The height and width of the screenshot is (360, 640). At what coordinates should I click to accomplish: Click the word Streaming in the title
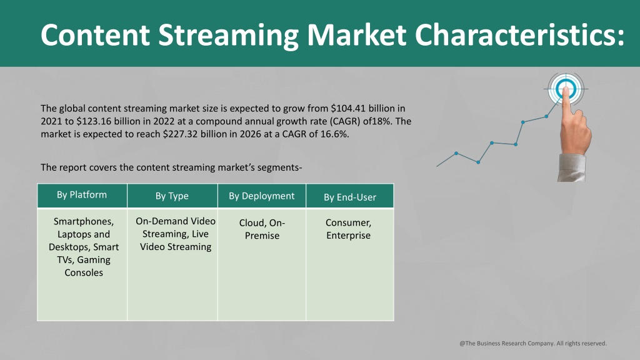[x=229, y=36]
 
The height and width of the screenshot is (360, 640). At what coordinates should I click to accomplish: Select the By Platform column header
[x=82, y=196]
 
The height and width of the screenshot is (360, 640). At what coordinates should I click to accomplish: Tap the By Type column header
[x=172, y=196]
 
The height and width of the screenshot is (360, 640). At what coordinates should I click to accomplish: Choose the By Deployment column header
[x=262, y=196]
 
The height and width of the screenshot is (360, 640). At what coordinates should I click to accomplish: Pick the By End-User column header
[x=350, y=197]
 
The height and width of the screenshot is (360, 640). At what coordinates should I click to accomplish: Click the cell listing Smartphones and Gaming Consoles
[x=84, y=247]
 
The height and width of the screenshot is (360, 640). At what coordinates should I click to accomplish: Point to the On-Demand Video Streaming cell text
[x=176, y=234]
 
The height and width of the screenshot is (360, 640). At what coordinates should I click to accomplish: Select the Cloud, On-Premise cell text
[x=262, y=229]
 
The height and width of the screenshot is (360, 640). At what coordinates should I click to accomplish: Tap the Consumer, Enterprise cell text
[x=349, y=229]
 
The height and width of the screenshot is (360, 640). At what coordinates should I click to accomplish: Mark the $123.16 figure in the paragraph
[x=94, y=121]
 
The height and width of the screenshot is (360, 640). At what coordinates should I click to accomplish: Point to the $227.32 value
[x=180, y=134]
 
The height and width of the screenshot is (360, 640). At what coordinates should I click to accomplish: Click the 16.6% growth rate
[x=335, y=134]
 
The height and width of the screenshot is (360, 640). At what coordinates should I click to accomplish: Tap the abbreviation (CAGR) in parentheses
[x=344, y=121]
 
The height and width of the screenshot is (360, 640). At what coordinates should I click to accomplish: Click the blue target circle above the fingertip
[x=566, y=89]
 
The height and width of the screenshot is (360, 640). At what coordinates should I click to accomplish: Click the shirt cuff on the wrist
[x=571, y=167]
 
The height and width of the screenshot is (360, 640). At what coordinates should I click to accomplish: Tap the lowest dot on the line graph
[x=478, y=162]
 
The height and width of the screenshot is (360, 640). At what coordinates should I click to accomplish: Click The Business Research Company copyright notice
[x=533, y=343]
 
